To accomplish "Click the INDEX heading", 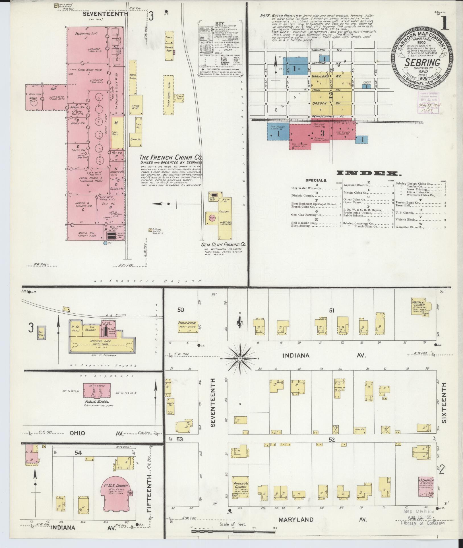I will click(367, 173).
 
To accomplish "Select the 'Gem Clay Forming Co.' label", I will click(223, 244).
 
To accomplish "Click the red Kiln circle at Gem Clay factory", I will click(212, 218).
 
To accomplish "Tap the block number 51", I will click(332, 311).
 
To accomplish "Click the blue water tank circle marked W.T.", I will click(105, 243).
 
